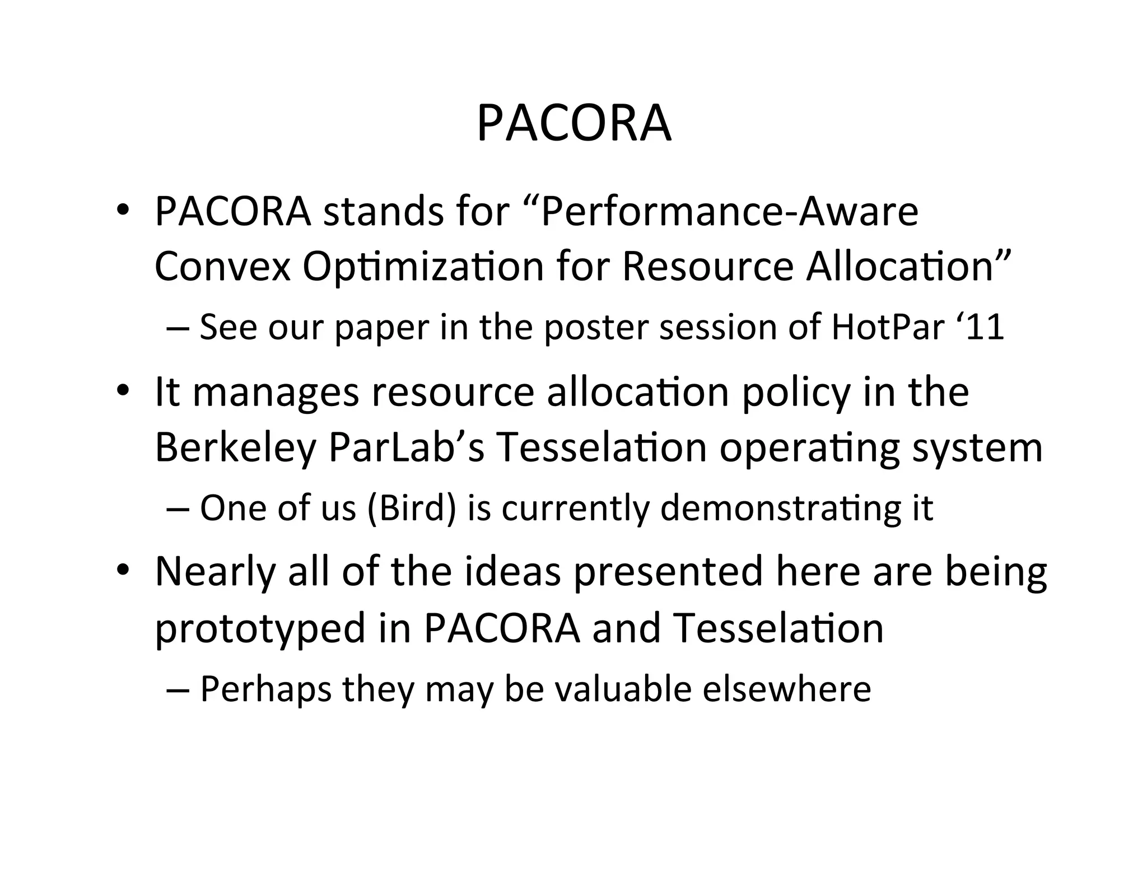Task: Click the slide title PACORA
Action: tap(573, 124)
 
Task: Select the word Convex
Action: tap(222, 267)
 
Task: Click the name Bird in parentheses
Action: tap(412, 508)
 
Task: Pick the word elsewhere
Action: tap(787, 689)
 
